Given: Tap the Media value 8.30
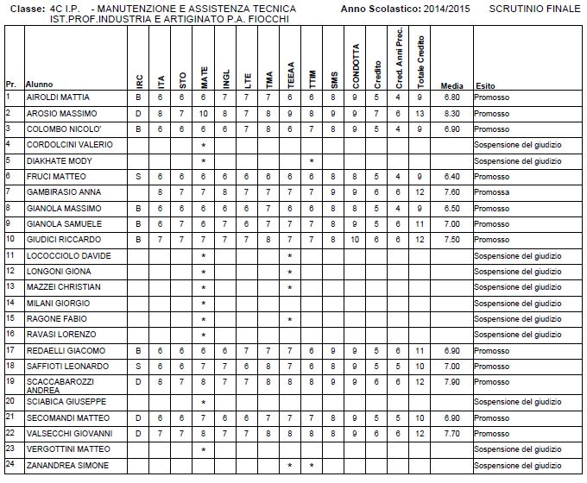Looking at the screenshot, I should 451,113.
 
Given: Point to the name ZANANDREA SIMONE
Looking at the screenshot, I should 60,466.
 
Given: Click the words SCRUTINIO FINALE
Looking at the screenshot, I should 530,8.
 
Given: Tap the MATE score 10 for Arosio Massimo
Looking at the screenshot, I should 204,113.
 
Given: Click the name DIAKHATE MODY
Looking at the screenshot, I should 54,160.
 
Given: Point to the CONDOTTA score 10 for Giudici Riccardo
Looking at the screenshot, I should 355,239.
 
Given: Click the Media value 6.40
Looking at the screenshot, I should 451,176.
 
